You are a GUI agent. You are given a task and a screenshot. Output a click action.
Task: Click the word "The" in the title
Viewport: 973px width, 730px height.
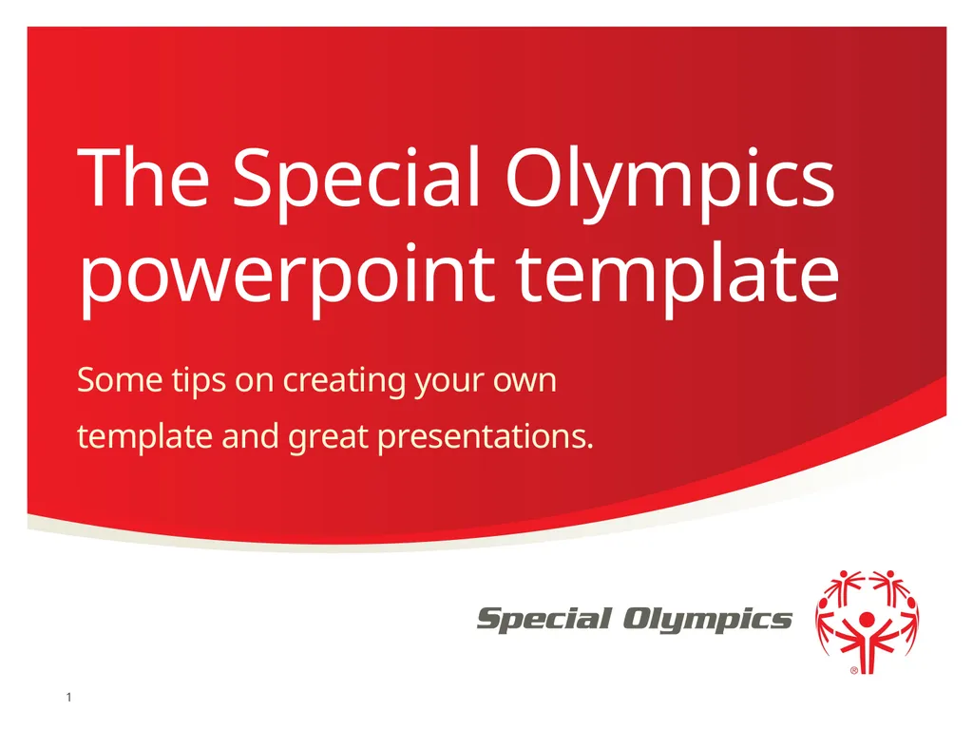(143, 180)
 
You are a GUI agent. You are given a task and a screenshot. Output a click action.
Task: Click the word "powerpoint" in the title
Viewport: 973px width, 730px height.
(286, 276)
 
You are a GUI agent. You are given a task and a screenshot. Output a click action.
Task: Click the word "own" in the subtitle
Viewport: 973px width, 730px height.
(525, 382)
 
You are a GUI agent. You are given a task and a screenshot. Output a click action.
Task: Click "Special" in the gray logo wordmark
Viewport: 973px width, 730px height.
(544, 621)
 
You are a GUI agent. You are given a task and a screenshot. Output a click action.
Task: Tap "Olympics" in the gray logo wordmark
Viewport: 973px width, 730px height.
(708, 621)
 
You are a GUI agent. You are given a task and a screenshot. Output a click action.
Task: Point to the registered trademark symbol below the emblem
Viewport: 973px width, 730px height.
(853, 670)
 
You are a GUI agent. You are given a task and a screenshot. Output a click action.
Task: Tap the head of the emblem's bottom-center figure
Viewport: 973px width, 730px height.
(867, 620)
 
